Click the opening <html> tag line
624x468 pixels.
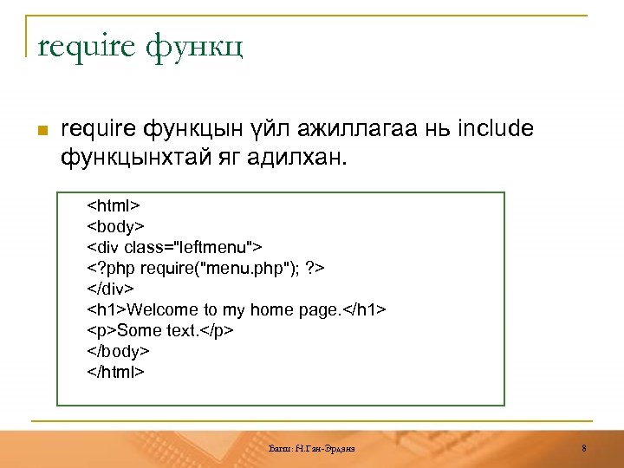coord(114,206)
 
